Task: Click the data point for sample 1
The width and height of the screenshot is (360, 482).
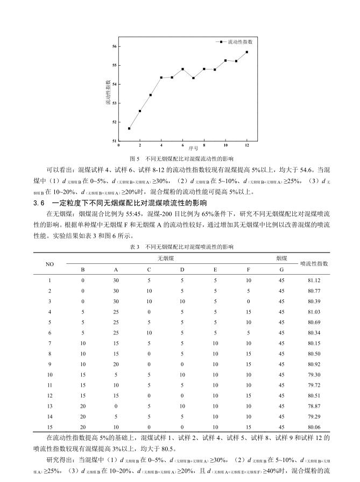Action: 129,128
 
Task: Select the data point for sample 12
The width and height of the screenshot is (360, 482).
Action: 247,52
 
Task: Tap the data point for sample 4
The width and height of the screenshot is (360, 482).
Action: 161,78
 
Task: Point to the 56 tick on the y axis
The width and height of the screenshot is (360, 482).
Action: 114,46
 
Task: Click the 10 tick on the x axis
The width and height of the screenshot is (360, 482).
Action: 225,145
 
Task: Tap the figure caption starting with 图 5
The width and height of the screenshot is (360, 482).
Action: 182,159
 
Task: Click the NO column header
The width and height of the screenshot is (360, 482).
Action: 50,264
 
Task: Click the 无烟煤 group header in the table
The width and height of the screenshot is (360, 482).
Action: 165,259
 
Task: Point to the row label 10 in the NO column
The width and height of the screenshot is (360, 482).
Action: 50,374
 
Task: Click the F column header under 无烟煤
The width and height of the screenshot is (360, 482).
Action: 248,269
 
